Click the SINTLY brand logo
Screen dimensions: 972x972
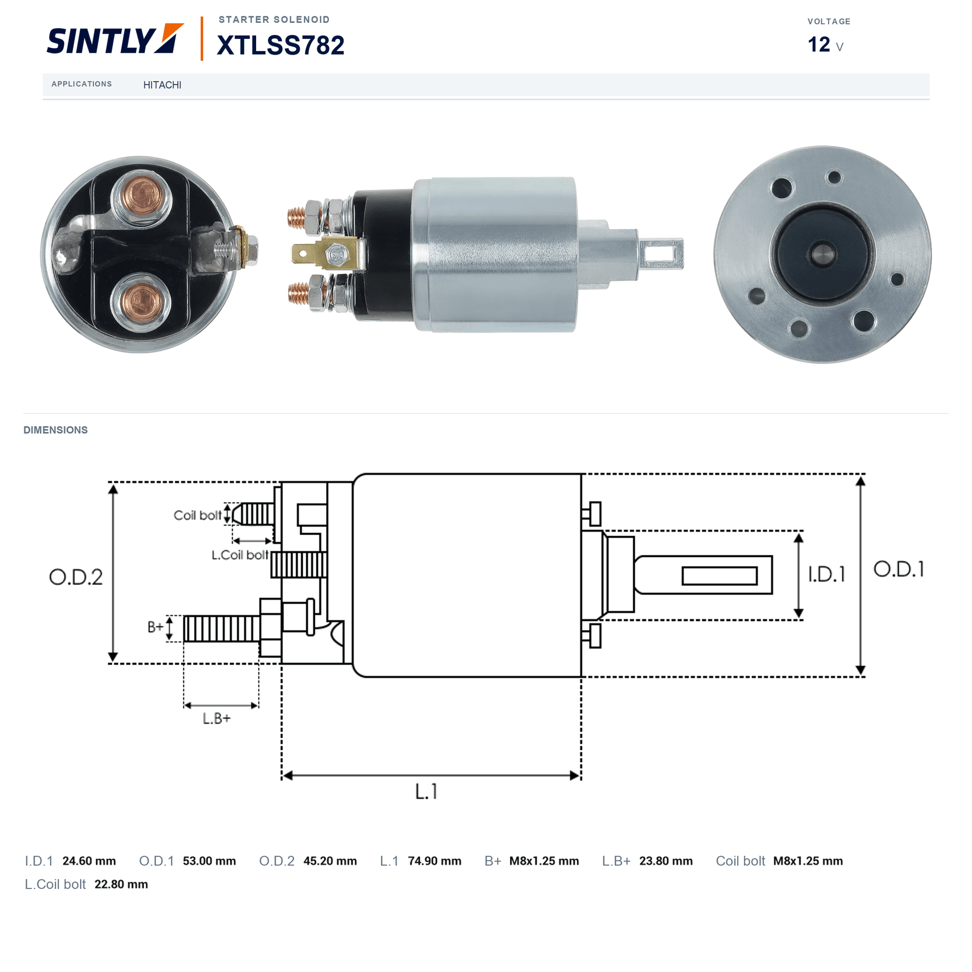point(115,39)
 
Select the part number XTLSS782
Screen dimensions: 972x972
point(280,45)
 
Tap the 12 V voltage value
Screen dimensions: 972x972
point(825,45)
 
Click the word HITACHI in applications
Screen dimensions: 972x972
point(162,85)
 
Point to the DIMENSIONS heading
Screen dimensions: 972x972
point(56,430)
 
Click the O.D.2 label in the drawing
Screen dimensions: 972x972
point(75,577)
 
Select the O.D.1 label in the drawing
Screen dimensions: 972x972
point(899,569)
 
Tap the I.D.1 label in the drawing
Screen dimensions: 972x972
point(826,574)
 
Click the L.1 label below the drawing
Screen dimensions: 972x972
point(426,791)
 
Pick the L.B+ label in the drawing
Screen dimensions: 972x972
point(217,718)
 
